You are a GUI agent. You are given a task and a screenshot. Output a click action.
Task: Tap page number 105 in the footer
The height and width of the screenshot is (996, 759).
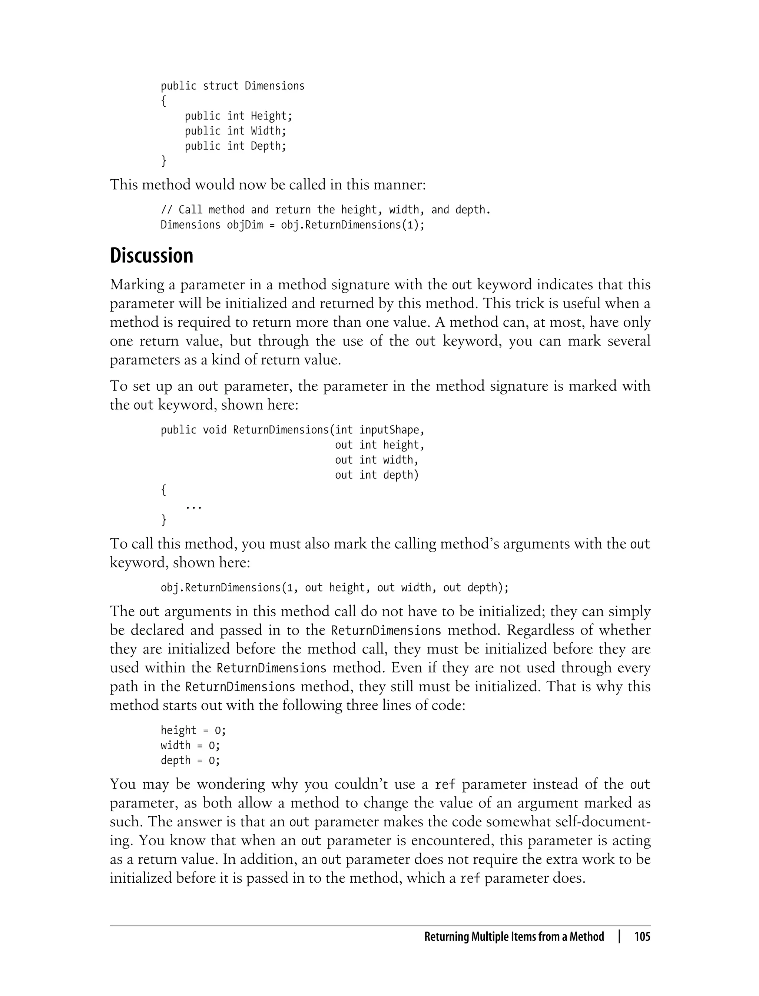(x=642, y=936)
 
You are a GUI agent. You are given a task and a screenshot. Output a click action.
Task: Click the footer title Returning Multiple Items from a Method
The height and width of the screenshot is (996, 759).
(x=514, y=936)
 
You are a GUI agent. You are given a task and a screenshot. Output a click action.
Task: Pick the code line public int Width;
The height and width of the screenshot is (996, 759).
(x=235, y=131)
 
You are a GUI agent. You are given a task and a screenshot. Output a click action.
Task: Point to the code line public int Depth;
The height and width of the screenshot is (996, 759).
(x=235, y=146)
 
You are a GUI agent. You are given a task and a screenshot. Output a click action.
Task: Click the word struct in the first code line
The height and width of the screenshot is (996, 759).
(x=221, y=86)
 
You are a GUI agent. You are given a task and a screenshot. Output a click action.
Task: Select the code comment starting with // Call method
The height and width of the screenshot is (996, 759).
(x=325, y=210)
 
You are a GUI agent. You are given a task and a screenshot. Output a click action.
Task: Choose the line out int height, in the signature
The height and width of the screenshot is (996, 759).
(x=379, y=445)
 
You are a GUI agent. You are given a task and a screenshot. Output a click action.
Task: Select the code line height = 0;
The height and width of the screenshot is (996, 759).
(x=193, y=730)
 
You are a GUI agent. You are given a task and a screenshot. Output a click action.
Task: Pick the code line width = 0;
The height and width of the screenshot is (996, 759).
(x=190, y=745)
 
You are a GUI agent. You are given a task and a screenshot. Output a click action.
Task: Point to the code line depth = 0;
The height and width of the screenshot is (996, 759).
(x=190, y=761)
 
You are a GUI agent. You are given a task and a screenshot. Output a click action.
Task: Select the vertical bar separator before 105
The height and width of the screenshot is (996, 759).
(x=619, y=936)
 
